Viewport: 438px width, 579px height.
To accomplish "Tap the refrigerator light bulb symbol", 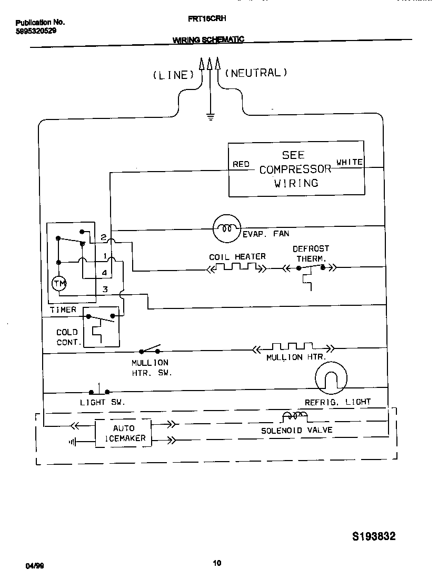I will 331,378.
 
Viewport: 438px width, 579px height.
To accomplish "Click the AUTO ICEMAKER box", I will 123,433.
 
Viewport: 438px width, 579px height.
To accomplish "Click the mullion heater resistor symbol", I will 293,347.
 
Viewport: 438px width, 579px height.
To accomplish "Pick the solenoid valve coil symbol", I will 294,416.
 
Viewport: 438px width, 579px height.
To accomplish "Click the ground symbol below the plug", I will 211,117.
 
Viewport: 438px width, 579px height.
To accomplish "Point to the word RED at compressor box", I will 241,164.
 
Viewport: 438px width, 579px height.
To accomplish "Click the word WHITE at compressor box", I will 350,162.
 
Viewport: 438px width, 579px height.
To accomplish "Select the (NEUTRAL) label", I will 256,73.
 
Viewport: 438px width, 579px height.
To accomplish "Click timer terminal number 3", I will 105,289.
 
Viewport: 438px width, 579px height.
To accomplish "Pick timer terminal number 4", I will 105,273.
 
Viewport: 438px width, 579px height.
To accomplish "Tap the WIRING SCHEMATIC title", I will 208,40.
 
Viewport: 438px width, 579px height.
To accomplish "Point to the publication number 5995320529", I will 36,31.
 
